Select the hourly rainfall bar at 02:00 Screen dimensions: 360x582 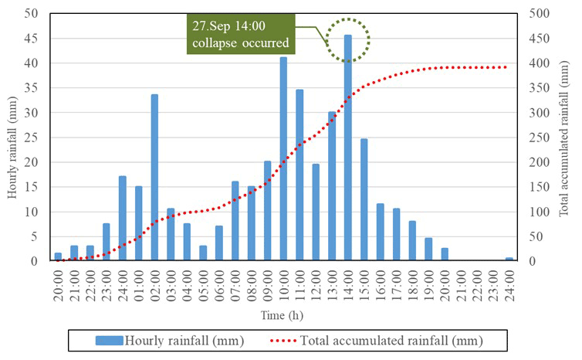click(x=154, y=178)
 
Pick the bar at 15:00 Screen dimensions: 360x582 click(x=364, y=200)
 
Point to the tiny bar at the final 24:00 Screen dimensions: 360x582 click(x=509, y=260)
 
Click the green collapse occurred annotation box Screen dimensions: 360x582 click(x=240, y=34)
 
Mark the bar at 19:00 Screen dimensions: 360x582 click(x=428, y=250)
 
